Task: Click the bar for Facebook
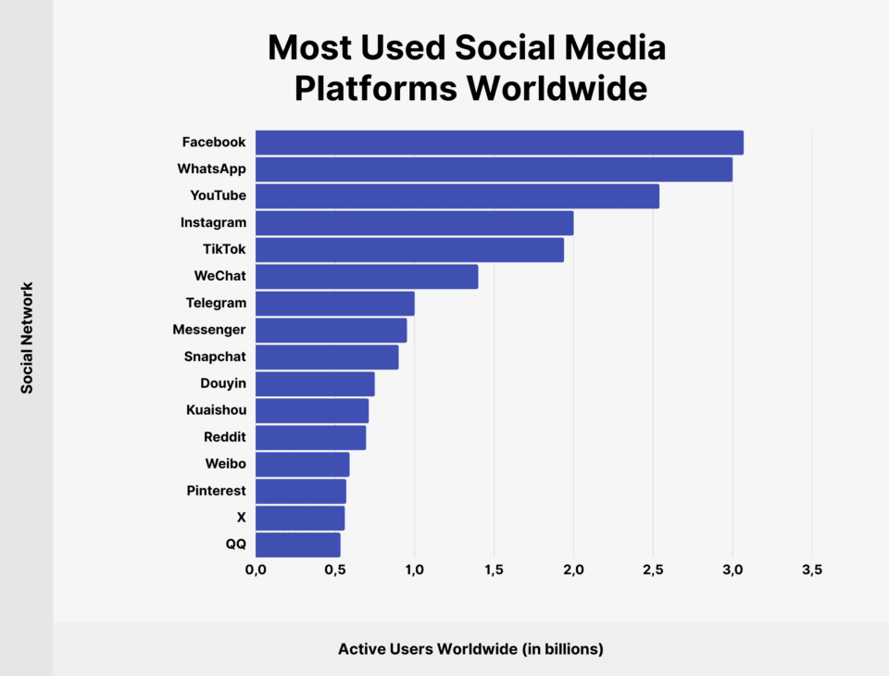pos(499,143)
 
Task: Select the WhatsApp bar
pos(494,169)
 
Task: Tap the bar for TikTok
pos(409,250)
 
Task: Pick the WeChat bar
pos(367,277)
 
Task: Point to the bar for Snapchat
pos(327,357)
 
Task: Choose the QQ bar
pos(298,545)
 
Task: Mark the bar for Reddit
pos(310,438)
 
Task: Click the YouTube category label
pos(218,195)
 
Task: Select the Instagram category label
pos(213,222)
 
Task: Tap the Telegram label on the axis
pos(216,303)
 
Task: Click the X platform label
pos(241,518)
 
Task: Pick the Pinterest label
pos(216,491)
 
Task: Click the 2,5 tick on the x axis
pos(653,570)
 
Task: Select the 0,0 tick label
pos(256,570)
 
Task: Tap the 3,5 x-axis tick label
pos(811,570)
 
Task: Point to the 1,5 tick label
pos(494,570)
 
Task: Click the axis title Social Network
pos(27,338)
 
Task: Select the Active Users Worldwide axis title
pos(470,649)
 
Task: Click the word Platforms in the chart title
pos(375,89)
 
